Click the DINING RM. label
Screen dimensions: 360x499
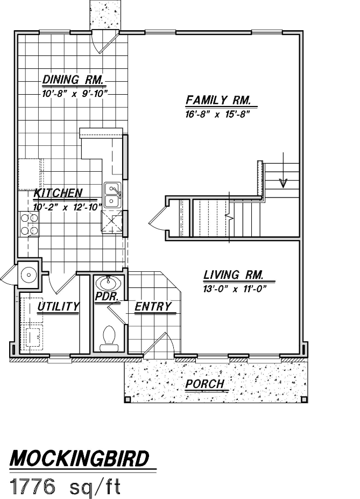pyautogui.click(x=73, y=80)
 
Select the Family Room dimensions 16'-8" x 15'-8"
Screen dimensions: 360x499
pyautogui.click(x=217, y=115)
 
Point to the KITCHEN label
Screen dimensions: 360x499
pyautogui.click(x=58, y=193)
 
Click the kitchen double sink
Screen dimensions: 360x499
pyautogui.click(x=111, y=195)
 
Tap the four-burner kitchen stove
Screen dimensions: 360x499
pyautogui.click(x=29, y=224)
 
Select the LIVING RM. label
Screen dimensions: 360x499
pyautogui.click(x=233, y=275)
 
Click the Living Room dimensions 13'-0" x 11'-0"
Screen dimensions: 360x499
pyautogui.click(x=235, y=289)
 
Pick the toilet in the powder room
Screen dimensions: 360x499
pyautogui.click(x=109, y=339)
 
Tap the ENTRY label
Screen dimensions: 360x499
pyautogui.click(x=153, y=306)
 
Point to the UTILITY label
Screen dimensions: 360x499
pyautogui.click(x=58, y=306)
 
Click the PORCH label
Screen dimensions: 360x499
pyautogui.click(x=205, y=384)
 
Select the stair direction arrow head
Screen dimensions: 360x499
pyautogui.click(x=283, y=182)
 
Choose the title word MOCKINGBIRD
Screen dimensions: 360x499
pyautogui.click(x=80, y=459)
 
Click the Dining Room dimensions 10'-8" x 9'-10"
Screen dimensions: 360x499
pyautogui.click(x=75, y=94)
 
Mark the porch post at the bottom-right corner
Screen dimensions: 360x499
pyautogui.click(x=305, y=399)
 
